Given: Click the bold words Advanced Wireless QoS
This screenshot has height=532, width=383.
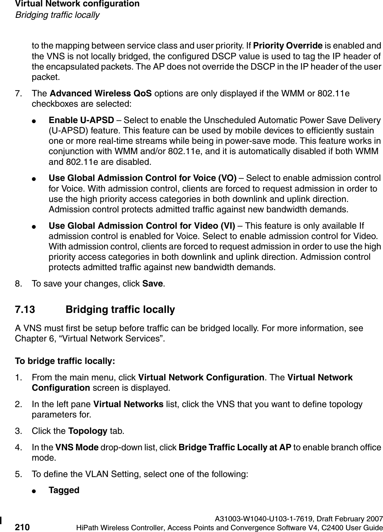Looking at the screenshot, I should click(101, 94).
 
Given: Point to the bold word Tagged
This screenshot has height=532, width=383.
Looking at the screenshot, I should click(64, 490).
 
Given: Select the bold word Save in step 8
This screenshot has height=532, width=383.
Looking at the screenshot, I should click(153, 284).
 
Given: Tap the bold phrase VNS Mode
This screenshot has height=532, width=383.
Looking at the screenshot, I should click(76, 448).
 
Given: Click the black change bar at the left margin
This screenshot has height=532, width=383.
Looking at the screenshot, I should click(1, 523).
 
